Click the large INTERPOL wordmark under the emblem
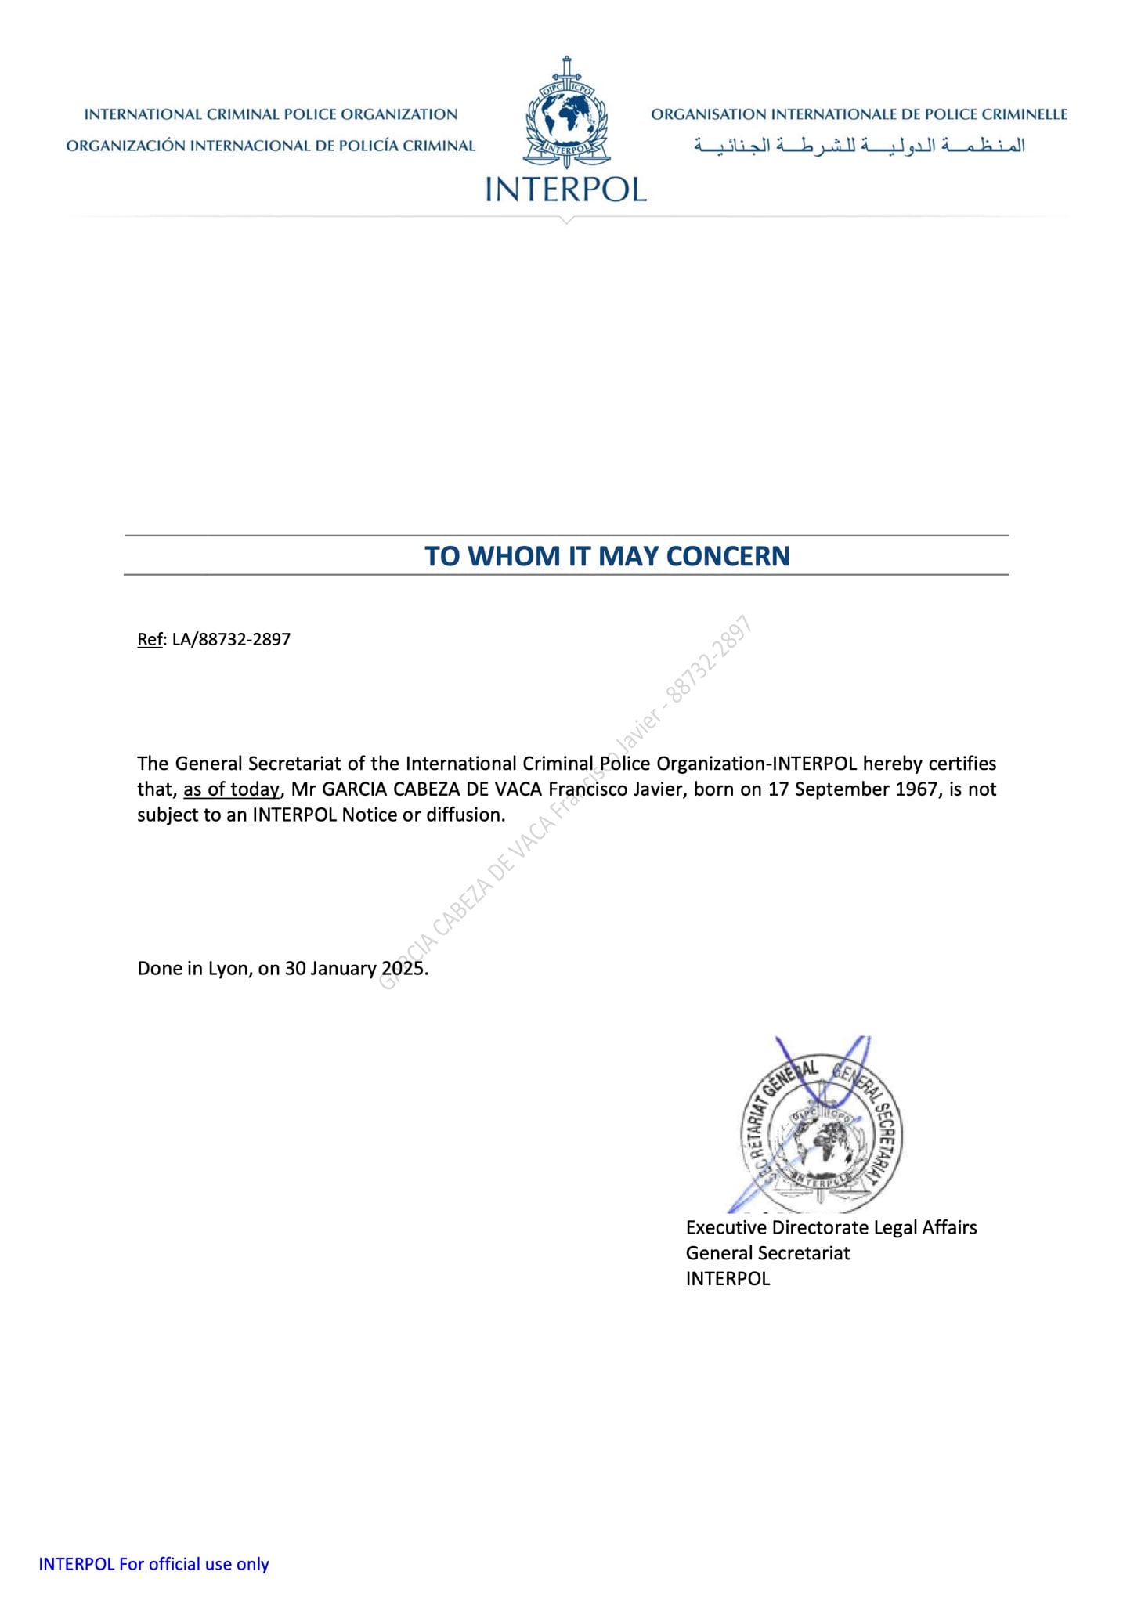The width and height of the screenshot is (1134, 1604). coord(566,190)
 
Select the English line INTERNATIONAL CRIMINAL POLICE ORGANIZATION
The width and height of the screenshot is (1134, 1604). coord(270,114)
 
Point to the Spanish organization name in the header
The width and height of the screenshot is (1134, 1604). coord(270,146)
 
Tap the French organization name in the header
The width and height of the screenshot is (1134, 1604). coord(859,114)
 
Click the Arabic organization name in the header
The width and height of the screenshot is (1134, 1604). coord(859,146)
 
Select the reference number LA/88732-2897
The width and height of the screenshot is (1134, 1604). coord(231,639)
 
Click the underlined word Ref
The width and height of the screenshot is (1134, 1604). coord(150,639)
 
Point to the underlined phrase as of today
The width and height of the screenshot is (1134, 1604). coord(231,789)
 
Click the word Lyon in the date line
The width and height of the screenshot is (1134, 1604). coord(228,969)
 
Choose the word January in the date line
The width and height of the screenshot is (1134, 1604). coord(343,969)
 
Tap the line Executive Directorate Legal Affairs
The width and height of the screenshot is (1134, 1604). coord(831,1227)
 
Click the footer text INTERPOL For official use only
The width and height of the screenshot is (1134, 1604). coord(153,1564)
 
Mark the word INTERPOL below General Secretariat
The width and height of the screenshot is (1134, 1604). coord(728,1279)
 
